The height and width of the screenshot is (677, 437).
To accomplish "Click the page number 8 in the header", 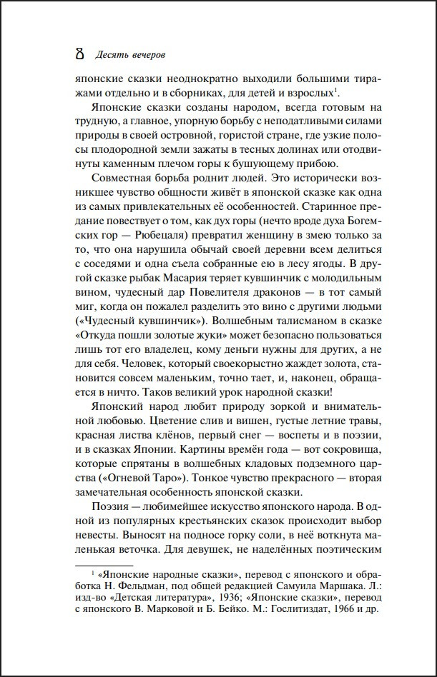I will [x=69, y=54].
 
